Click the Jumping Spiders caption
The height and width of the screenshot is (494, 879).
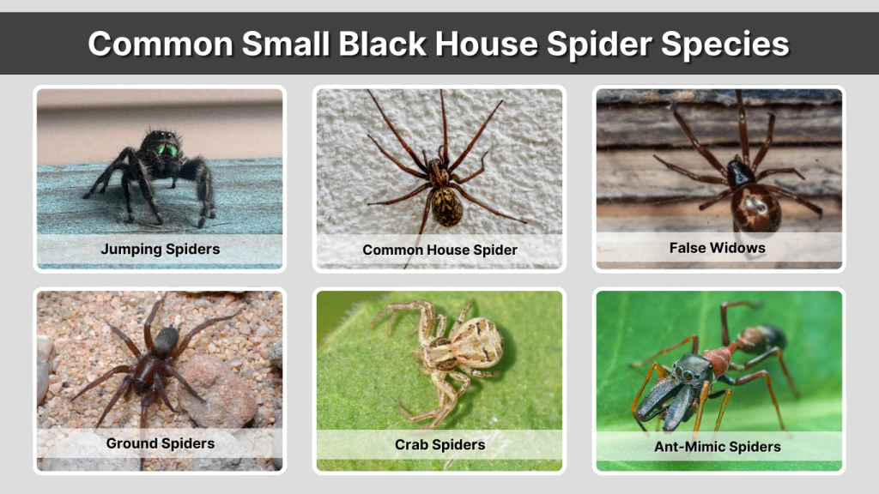click(160, 250)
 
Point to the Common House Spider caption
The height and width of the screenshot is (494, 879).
click(439, 250)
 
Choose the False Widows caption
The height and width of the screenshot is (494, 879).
click(717, 248)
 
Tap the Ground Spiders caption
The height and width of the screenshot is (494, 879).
click(160, 443)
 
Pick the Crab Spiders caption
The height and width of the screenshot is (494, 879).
click(439, 444)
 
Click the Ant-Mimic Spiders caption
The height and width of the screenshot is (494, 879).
click(718, 446)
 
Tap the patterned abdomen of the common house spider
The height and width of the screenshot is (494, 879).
click(446, 207)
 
